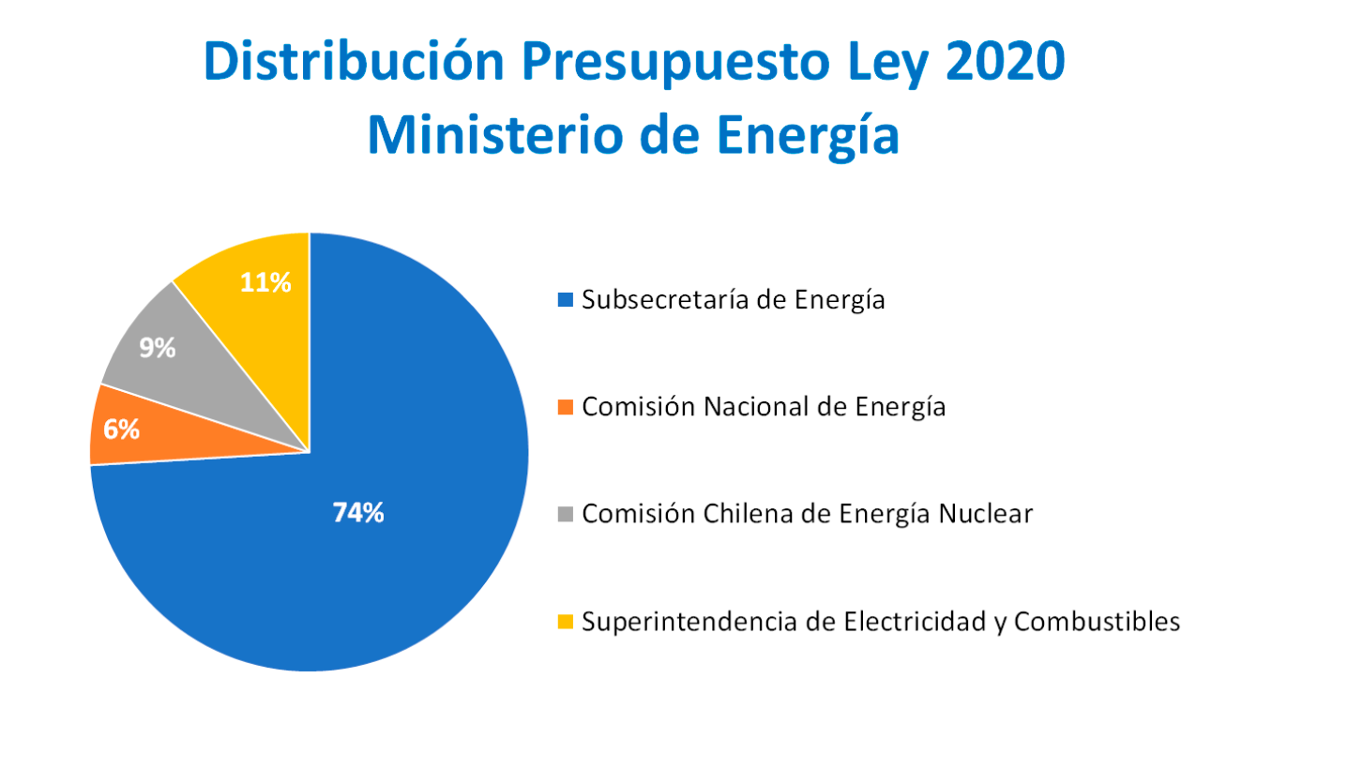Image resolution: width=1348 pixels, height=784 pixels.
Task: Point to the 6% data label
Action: point(122,430)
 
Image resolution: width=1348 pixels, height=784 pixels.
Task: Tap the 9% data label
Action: point(158,349)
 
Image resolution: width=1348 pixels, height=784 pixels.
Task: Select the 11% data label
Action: point(264,282)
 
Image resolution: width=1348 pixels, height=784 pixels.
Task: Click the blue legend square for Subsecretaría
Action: point(565,300)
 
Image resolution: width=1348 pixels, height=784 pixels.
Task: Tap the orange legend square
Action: point(565,407)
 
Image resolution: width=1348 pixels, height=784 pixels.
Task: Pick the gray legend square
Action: point(565,514)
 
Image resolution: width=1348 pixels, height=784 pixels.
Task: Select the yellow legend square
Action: point(565,621)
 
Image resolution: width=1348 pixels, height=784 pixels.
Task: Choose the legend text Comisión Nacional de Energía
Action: point(764,407)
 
